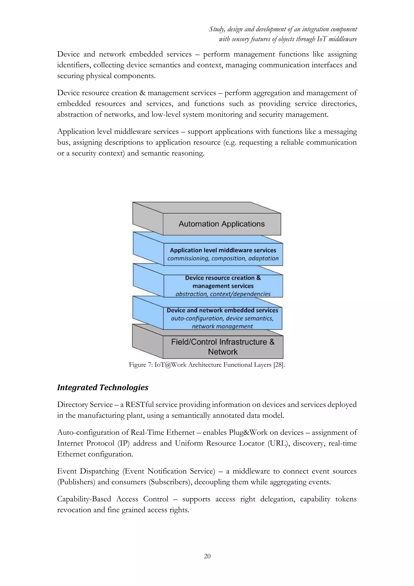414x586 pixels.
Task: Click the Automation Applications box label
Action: [222, 224]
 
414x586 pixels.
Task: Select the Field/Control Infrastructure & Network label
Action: [223, 347]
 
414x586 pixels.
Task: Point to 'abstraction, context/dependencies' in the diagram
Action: [223, 294]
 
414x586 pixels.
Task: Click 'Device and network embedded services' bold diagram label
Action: [222, 310]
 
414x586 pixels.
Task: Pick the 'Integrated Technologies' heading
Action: [102, 387]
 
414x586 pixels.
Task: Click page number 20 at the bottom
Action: [207, 556]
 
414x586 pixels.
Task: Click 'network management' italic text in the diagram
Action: [222, 326]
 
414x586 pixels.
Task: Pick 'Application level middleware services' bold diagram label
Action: [223, 250]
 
